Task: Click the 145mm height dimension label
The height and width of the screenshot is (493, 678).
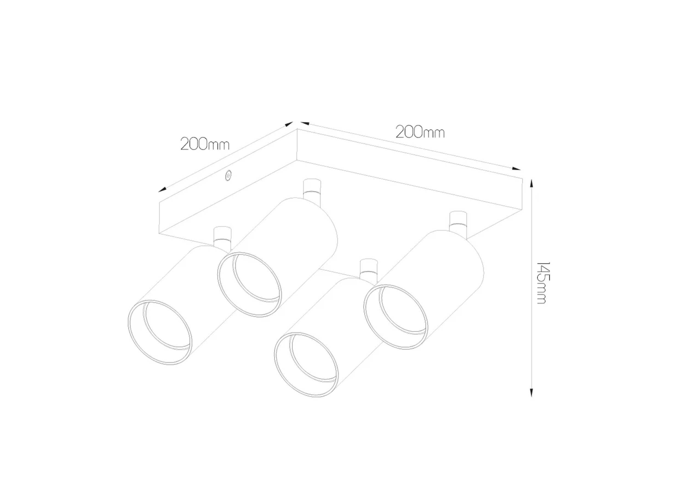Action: pos(543,283)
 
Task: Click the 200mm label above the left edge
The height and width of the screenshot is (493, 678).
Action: pos(205,144)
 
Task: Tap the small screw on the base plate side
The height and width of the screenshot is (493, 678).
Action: pos(229,176)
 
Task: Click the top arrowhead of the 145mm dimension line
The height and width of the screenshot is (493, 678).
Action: pos(531,183)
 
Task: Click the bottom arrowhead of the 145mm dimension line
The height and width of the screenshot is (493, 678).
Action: pos(531,393)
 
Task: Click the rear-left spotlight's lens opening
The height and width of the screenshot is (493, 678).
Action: pos(249,284)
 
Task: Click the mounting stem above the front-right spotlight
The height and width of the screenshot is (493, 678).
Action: pos(369,269)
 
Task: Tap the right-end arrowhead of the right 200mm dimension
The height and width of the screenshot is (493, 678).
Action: pos(516,169)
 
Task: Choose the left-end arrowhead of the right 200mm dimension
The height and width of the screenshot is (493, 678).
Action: pos(304,123)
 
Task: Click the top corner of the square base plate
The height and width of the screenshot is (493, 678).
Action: pos(297,129)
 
